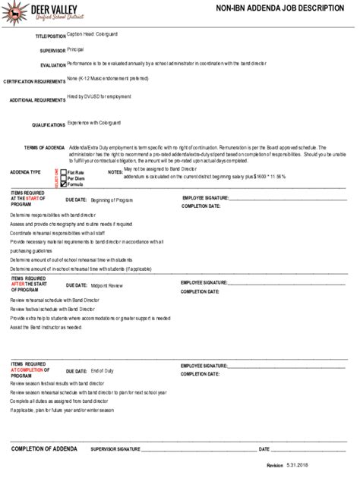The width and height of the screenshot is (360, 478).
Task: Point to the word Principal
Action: [x=75, y=49]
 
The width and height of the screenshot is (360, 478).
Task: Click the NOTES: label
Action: [x=115, y=172]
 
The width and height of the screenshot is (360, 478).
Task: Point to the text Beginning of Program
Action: [x=112, y=200]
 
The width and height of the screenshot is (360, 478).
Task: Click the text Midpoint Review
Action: [x=106, y=286]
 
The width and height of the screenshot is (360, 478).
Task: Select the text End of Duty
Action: [x=102, y=370]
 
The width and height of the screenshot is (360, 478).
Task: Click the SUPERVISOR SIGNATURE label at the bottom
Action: [x=115, y=449]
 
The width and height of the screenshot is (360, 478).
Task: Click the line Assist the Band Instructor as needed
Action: [x=46, y=327]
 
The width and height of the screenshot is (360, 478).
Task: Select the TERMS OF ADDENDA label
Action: [x=44, y=147]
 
